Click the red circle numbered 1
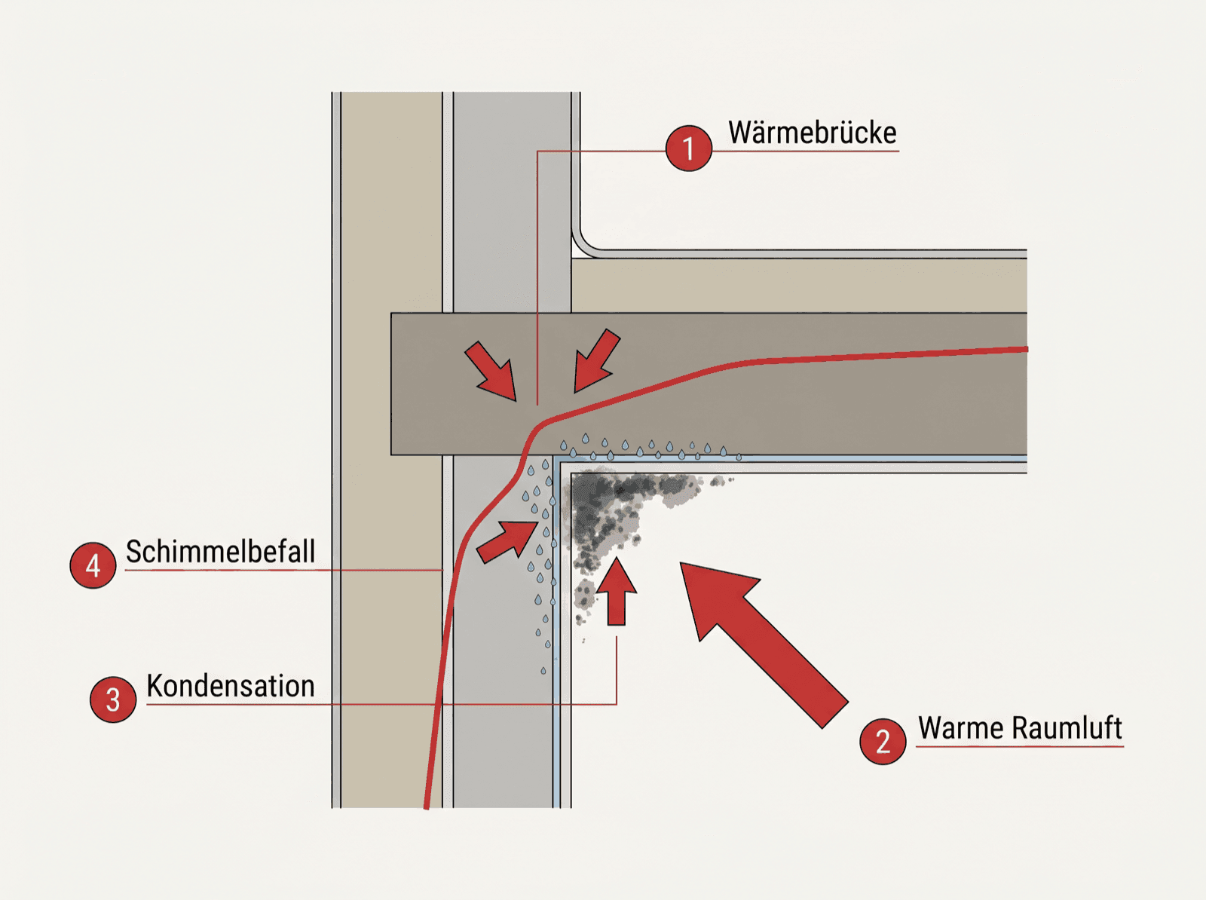pyautogui.click(x=688, y=148)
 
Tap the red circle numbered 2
pyautogui.click(x=883, y=741)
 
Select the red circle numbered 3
pyautogui.click(x=113, y=699)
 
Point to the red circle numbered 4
pyautogui.click(x=93, y=565)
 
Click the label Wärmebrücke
pyautogui.click(x=812, y=133)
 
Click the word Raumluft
pyautogui.click(x=1067, y=729)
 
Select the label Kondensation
pyautogui.click(x=231, y=686)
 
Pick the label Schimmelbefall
pyautogui.click(x=220, y=552)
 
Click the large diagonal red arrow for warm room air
pyautogui.click(x=763, y=643)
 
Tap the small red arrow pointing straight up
pyautogui.click(x=617, y=591)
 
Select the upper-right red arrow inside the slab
pyautogui.click(x=597, y=360)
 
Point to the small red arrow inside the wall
pyautogui.click(x=507, y=542)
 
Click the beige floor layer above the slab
pyautogui.click(x=799, y=286)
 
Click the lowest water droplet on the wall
pyautogui.click(x=543, y=671)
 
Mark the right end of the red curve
pyautogui.click(x=1027, y=349)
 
